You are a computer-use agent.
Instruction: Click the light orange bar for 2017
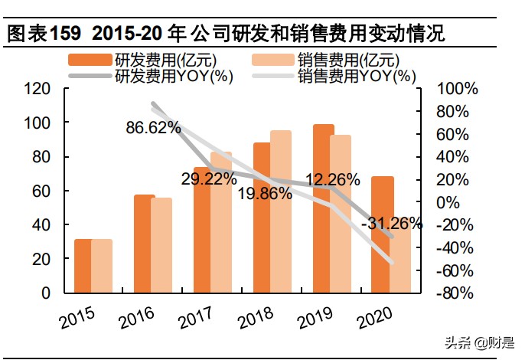point(221,222)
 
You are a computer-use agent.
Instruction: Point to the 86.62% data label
point(153,127)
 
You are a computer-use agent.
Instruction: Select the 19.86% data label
point(265,193)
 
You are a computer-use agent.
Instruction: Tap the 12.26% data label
point(333,180)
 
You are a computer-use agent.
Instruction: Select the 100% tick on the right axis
point(457,89)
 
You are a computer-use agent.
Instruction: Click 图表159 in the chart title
point(37,34)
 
